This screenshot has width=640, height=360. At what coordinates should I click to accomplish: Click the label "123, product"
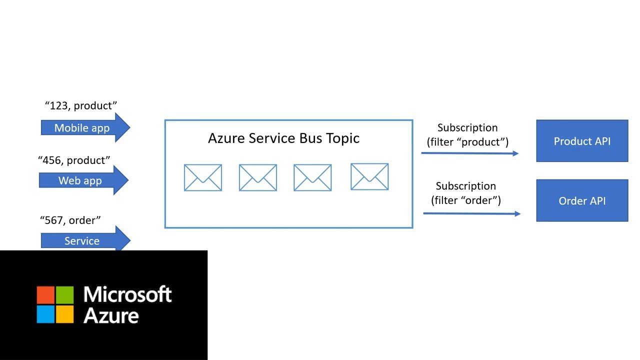[x=81, y=105]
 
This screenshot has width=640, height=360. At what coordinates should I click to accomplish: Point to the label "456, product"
[x=74, y=160]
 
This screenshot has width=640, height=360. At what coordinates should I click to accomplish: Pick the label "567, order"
[x=70, y=219]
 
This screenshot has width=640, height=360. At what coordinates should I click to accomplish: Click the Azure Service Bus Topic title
[x=283, y=138]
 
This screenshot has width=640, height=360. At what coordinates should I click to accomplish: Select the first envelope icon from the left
[x=203, y=177]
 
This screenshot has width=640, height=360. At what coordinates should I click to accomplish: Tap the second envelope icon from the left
[x=258, y=177]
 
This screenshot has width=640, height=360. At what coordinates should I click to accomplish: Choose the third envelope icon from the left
[x=312, y=177]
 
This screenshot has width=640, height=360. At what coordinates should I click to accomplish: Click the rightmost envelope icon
[x=369, y=176]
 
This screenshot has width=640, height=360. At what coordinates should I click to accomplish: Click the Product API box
[x=582, y=141]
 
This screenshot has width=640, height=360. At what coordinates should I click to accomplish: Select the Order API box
[x=582, y=200]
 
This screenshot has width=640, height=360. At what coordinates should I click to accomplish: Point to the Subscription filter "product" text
[x=467, y=135]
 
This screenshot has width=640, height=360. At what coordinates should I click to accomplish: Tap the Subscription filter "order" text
[x=466, y=193]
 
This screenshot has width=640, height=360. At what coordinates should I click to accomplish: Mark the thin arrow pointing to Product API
[x=470, y=153]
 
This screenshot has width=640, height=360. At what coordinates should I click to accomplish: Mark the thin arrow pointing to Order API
[x=471, y=213]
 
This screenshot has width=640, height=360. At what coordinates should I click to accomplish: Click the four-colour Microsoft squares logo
[x=55, y=304]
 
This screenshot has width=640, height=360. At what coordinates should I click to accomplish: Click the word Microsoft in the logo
[x=127, y=294]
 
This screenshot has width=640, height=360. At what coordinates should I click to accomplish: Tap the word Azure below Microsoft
[x=111, y=315]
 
